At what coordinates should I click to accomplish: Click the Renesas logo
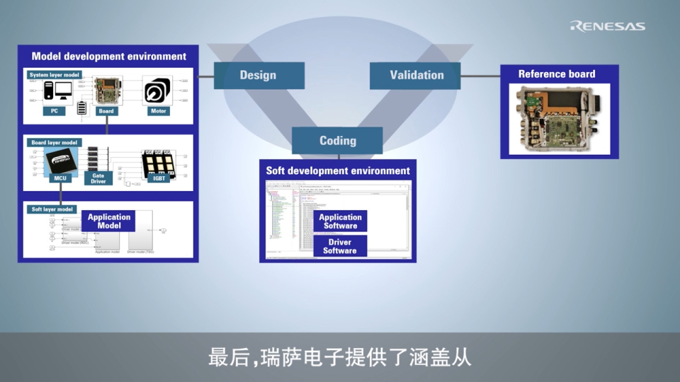[x=608, y=26]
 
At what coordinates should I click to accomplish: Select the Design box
[x=259, y=76]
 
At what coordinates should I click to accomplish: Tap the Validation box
[x=416, y=75]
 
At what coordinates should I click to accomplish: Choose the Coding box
[x=337, y=140]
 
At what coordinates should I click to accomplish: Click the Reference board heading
[x=557, y=74]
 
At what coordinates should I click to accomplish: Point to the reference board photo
[x=560, y=120]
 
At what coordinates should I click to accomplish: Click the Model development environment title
[x=108, y=56]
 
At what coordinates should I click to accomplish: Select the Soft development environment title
[x=338, y=170]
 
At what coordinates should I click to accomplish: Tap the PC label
[x=54, y=111]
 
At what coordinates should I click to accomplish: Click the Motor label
[x=158, y=111]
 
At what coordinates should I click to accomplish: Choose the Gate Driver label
[x=98, y=178]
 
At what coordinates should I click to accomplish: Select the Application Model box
[x=109, y=221]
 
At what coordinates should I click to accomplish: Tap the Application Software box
[x=340, y=221]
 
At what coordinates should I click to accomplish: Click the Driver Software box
[x=340, y=246]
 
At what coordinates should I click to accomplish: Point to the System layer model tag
[x=55, y=74]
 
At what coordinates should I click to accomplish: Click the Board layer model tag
[x=54, y=142]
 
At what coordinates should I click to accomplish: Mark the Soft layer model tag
[x=52, y=209]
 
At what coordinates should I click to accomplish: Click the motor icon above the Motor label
[x=157, y=91]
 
